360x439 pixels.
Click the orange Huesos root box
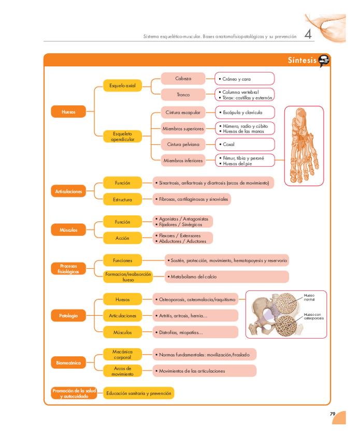(68, 111)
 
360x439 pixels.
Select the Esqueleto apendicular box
(122, 136)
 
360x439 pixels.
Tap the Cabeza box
(183, 79)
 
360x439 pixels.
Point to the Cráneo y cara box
(244, 79)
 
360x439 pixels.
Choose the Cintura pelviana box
(183, 144)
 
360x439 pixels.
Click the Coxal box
(244, 144)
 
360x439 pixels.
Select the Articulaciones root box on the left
(68, 192)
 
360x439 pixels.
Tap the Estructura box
(122, 199)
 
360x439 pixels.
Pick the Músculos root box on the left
(68, 229)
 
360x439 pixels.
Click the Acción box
(122, 238)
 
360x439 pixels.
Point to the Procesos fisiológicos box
(68, 269)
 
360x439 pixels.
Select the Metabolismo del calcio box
(226, 277)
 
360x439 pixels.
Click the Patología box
(68, 315)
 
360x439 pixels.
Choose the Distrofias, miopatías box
(195, 332)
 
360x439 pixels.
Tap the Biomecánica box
(68, 363)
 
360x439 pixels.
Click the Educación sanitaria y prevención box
(138, 393)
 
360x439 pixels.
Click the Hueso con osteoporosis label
(313, 316)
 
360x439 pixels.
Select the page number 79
(333, 414)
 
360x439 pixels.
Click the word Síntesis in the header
(302, 61)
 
